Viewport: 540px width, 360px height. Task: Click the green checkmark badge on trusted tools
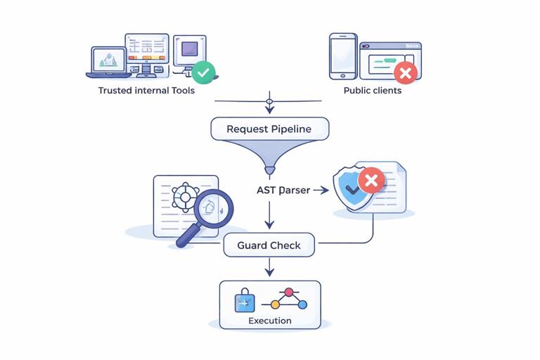point(204,71)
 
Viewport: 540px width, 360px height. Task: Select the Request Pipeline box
point(269,129)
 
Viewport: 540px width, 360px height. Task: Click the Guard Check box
point(269,245)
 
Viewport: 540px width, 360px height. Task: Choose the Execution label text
point(269,321)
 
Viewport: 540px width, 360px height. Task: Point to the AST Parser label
point(283,190)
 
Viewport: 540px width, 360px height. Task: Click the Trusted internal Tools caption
point(146,91)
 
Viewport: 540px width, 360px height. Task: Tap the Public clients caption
point(372,91)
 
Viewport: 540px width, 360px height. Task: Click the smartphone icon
point(342,56)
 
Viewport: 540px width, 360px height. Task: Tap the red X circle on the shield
point(371,181)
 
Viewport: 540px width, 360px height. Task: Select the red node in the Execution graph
point(288,292)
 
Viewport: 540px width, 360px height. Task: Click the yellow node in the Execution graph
point(275,305)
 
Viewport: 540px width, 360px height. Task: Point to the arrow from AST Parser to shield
point(321,190)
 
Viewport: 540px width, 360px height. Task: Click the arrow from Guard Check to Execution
point(269,267)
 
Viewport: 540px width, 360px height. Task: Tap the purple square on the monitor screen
point(189,49)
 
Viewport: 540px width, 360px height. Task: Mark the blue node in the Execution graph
point(302,304)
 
